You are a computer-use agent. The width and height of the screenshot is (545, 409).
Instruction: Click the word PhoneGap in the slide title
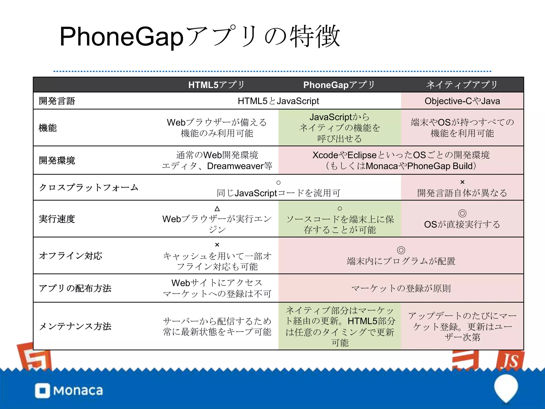point(121,37)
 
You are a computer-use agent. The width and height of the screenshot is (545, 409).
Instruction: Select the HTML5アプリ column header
point(216,85)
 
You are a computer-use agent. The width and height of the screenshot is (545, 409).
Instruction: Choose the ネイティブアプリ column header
point(462,85)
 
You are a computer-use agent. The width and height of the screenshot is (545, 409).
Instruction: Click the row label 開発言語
point(57,101)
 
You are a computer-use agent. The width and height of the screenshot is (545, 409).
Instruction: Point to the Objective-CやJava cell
point(462,101)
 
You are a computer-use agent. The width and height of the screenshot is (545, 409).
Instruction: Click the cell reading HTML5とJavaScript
point(278,101)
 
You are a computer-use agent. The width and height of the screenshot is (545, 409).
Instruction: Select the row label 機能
point(48,128)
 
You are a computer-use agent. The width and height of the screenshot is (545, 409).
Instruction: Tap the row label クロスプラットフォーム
point(88,187)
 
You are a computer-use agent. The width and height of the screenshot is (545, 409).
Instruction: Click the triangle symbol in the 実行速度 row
point(217,208)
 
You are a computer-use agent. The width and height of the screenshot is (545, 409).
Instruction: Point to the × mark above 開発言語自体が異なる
point(462,182)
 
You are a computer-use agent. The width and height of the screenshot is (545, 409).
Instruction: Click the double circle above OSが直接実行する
point(462,213)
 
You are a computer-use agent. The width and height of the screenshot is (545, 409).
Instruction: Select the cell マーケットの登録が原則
point(401,288)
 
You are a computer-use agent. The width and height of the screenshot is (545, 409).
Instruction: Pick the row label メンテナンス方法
point(75,326)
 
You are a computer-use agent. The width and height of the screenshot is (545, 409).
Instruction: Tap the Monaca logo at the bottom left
point(69,391)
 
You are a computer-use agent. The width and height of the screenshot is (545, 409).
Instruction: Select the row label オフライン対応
point(71,256)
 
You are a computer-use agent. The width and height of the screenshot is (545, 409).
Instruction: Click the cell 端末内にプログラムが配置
point(401,261)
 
